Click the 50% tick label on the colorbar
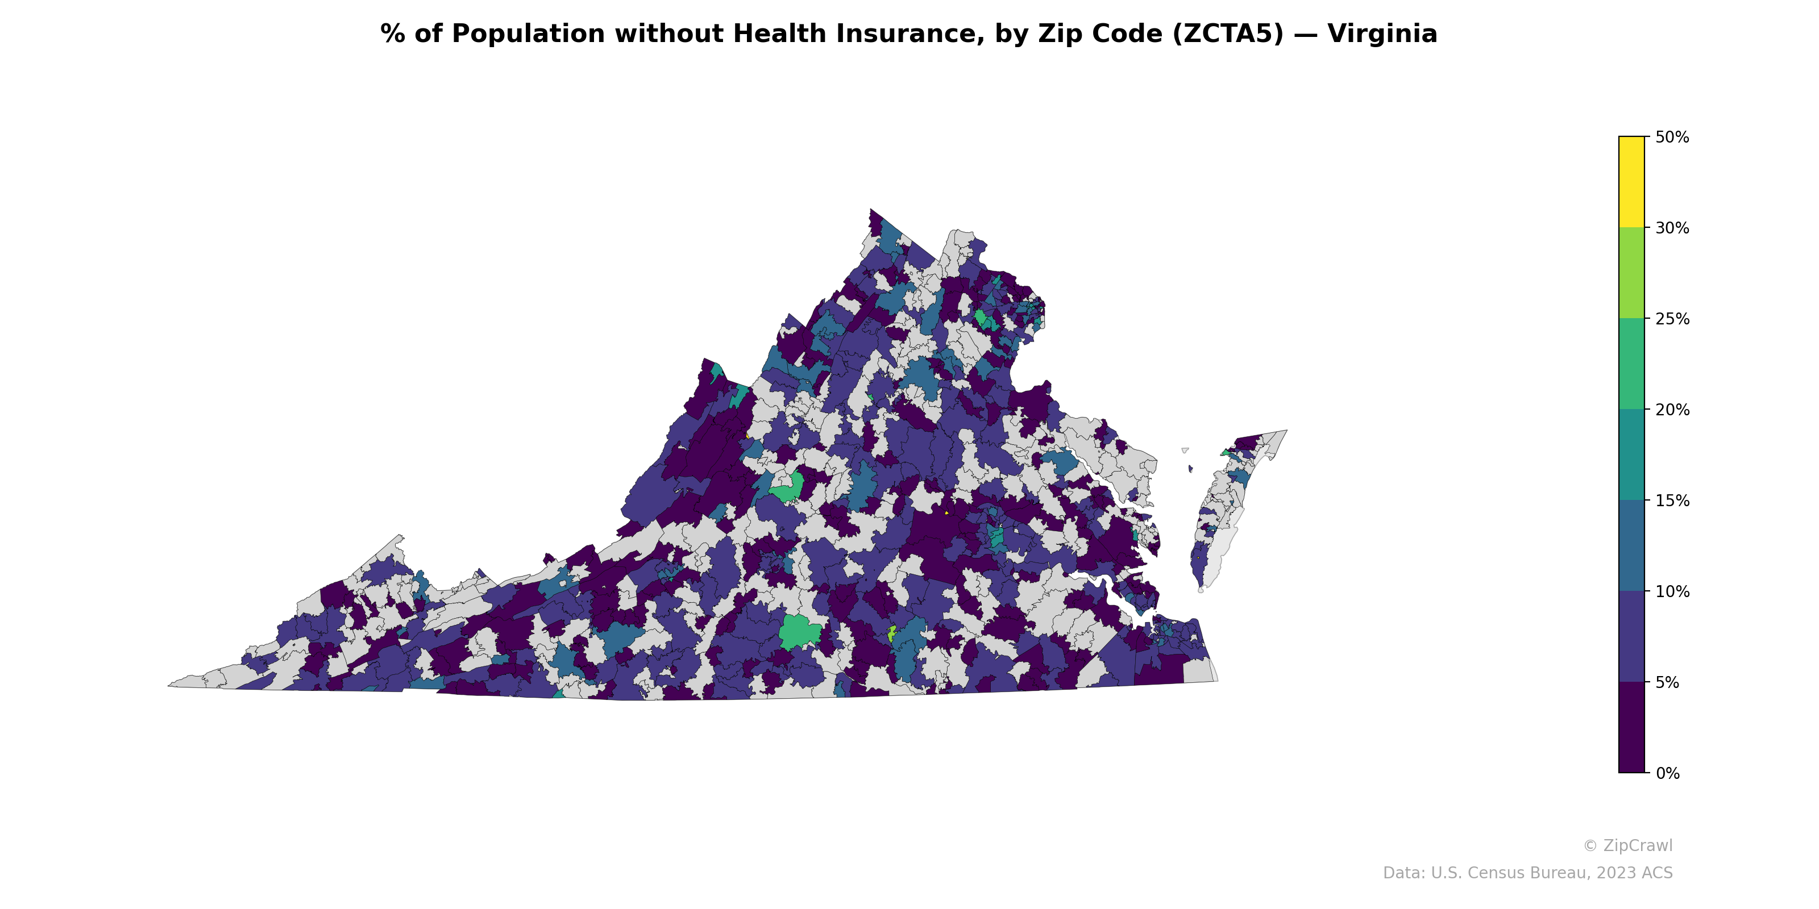1671,137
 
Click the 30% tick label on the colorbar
1671,228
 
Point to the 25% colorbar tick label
1671,319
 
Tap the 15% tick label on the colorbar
1671,501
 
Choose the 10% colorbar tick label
1671,592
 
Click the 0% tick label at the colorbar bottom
1667,773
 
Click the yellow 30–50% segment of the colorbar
1631,182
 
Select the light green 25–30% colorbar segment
1631,273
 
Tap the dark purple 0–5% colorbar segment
1631,727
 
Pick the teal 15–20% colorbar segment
1631,455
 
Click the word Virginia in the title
1382,34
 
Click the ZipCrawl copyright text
1627,845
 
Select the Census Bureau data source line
1527,873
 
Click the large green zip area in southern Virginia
799,632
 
